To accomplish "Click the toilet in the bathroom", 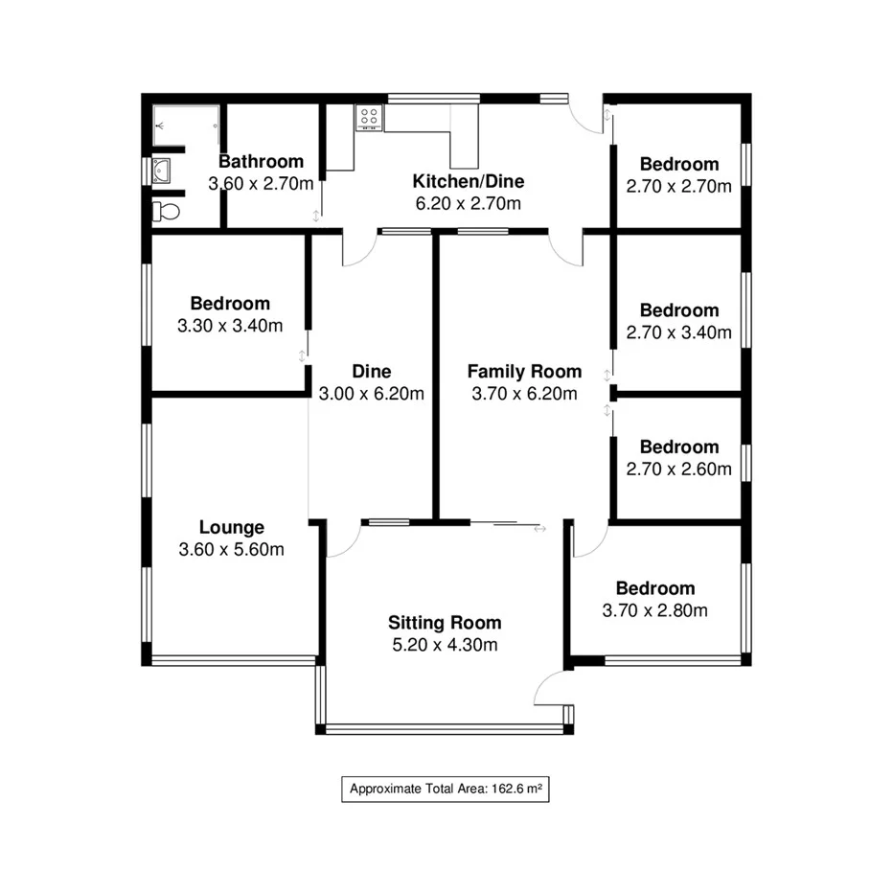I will click(167, 210).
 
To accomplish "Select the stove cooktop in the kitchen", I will click(369, 117).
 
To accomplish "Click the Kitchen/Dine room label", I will click(469, 181).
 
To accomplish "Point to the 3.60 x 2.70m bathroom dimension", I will click(262, 183).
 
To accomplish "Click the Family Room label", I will click(524, 372).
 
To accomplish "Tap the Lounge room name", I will click(231, 527).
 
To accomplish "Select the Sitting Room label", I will click(445, 623).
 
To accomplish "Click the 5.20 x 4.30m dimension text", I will click(445, 645).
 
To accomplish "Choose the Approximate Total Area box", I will click(446, 790).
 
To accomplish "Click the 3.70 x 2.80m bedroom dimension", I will click(655, 610).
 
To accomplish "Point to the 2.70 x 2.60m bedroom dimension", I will click(678, 469).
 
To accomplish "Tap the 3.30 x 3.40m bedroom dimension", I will click(230, 326).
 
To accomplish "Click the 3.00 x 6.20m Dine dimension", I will click(372, 393).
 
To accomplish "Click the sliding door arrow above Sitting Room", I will click(539, 528).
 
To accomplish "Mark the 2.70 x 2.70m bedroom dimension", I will click(678, 186).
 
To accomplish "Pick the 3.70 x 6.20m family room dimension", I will click(524, 393).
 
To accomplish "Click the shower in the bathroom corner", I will click(186, 124).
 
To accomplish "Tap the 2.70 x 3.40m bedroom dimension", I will click(678, 332).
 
